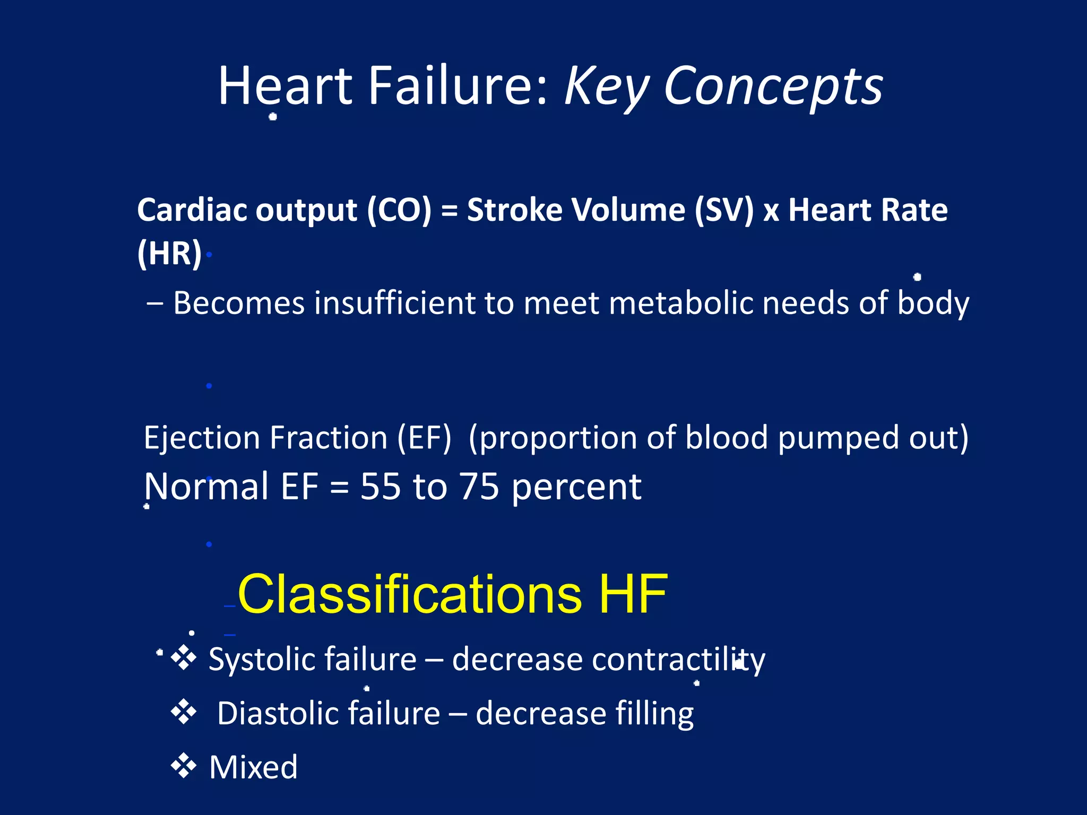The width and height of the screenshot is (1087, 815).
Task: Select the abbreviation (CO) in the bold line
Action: tap(399, 210)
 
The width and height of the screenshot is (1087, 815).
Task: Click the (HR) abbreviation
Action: tap(169, 253)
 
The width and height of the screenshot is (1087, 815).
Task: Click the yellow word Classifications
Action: tap(409, 594)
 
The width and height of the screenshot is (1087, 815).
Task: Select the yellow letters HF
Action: tap(633, 594)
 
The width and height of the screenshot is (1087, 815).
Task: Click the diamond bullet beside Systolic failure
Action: tap(184, 658)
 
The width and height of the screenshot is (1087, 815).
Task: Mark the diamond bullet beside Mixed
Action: tap(184, 766)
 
